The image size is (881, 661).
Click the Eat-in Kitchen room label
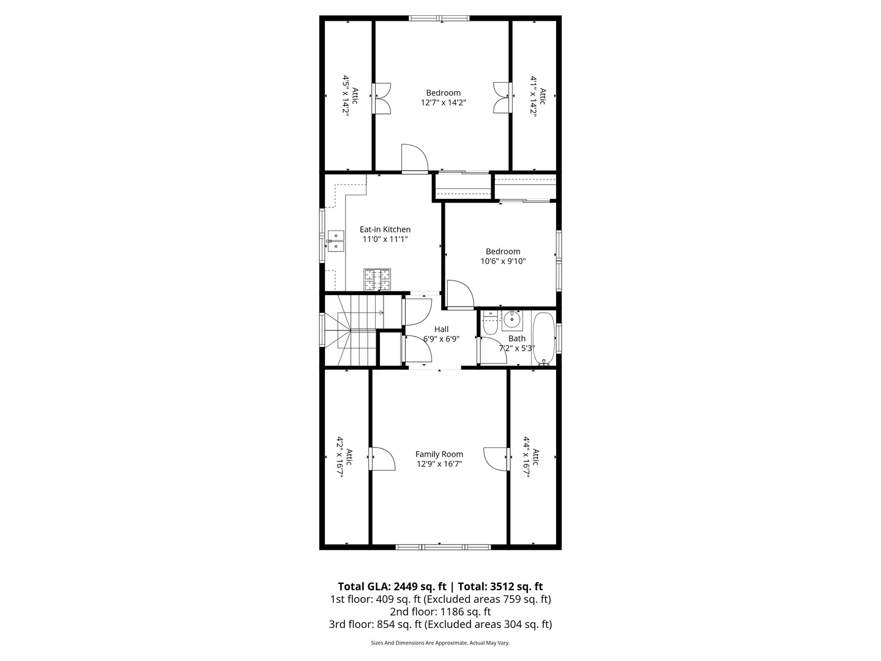pos(385,230)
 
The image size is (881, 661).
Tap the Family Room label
pos(439,454)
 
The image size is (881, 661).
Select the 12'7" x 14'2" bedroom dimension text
pos(443,103)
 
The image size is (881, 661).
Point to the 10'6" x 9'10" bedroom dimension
pos(503,261)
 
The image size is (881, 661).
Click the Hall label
pos(441,329)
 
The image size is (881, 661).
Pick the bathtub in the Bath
pos(543,338)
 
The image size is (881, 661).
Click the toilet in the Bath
pos(489,323)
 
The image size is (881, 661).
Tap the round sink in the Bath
pos(512,319)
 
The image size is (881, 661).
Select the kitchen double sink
pos(335,241)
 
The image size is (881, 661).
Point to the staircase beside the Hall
pos(349,330)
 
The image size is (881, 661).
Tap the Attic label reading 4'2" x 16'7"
pos(344,457)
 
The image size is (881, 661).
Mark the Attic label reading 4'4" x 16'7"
pos(531,457)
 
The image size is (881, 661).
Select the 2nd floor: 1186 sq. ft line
pos(440,611)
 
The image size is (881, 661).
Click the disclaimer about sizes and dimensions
pos(440,643)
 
